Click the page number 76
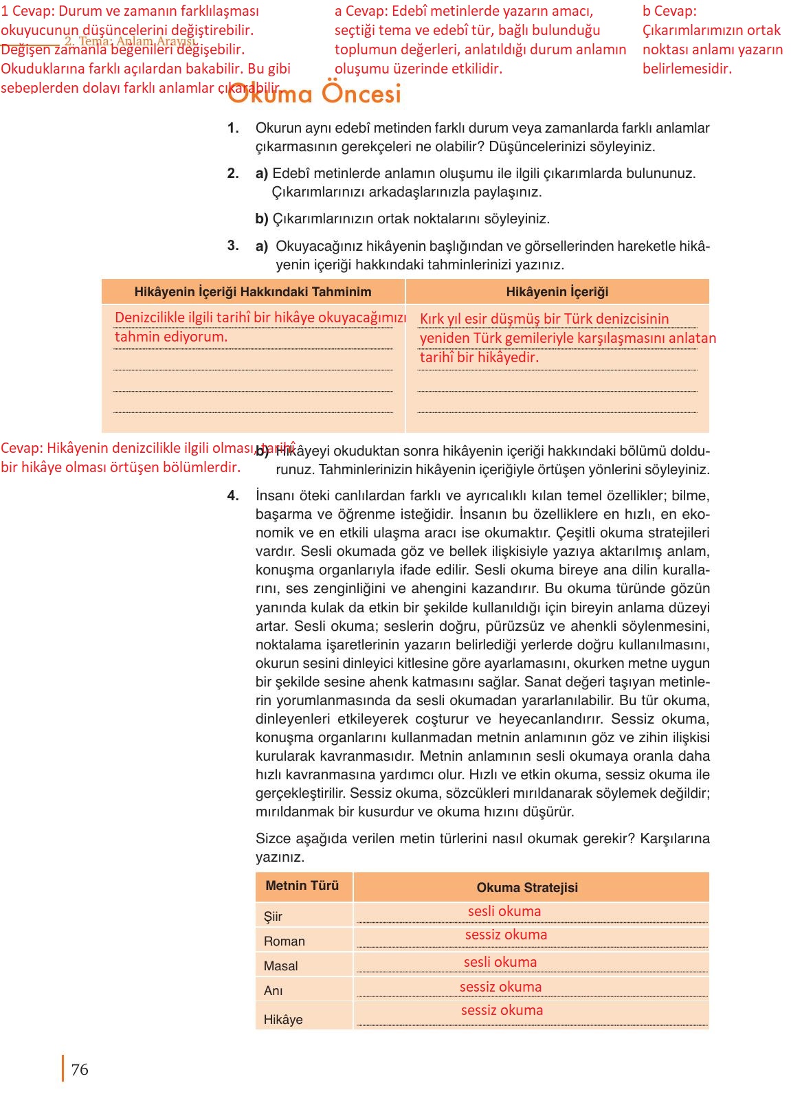coord(80,1069)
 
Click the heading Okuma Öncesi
coord(314,94)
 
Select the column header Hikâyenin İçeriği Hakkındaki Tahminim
coord(253,292)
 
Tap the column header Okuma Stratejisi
coord(527,887)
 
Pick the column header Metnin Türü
coord(302,886)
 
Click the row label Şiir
coord(273,916)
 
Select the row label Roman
coord(284,941)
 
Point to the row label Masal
coord(280,966)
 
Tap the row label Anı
coord(273,990)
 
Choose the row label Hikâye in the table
coord(282,1019)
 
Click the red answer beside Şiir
coord(504,911)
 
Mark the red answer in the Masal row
coord(500,962)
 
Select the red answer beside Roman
coord(506,935)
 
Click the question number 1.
coord(233,129)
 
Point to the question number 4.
coord(233,495)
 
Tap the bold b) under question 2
coord(261,219)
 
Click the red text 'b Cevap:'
coord(669,11)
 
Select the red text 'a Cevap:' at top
coord(361,11)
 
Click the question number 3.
coord(233,245)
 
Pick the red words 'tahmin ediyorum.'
coord(170,337)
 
